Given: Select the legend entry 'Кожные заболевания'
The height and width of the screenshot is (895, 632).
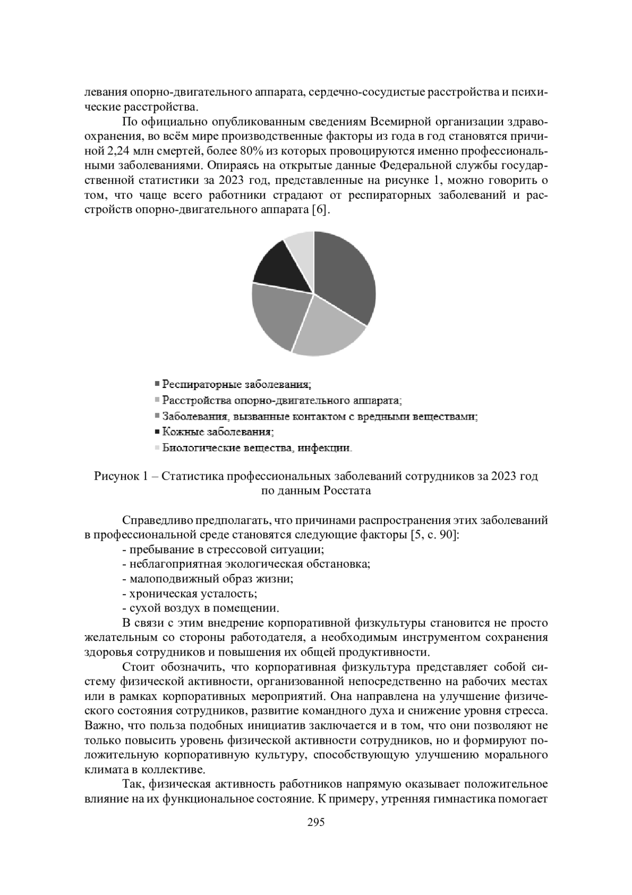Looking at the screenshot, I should coord(218,432).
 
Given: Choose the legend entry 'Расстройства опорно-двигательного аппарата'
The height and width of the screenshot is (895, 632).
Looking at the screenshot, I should coord(282,400).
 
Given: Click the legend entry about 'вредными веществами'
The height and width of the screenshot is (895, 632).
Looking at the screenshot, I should coord(320,416).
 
